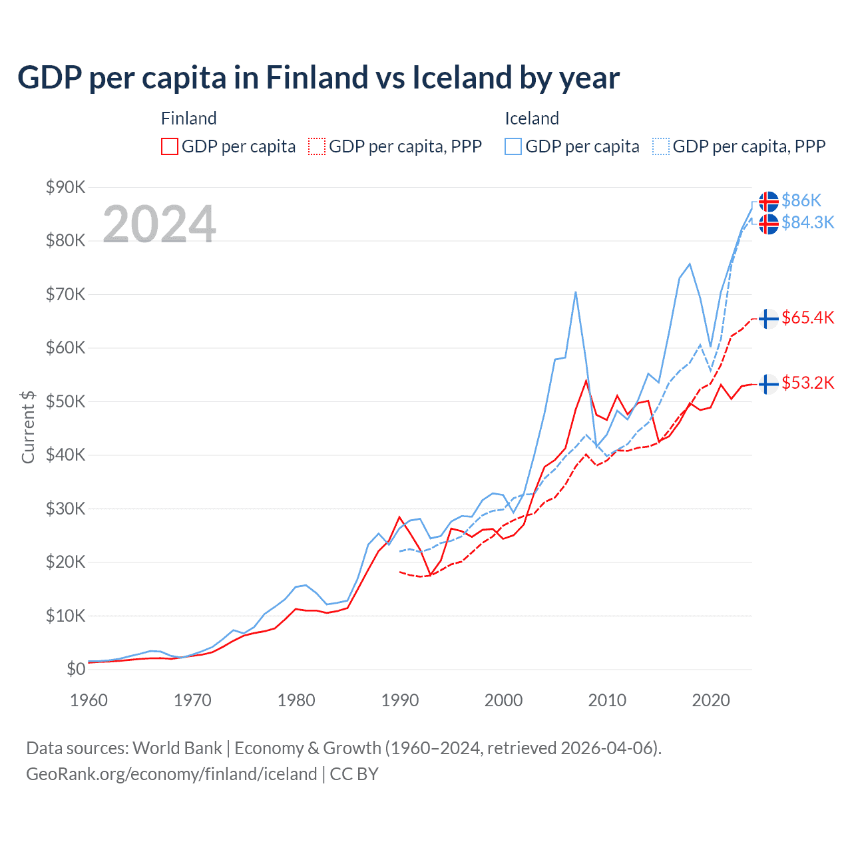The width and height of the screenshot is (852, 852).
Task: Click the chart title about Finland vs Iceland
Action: pos(318,77)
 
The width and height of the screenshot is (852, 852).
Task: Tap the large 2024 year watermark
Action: pos(159,224)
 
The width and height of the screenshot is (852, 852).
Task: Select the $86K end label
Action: pos(801,200)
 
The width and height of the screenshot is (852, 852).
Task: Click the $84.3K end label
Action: pos(807,222)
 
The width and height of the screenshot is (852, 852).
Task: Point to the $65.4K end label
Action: pos(807,318)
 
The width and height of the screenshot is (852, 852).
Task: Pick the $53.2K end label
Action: pos(807,383)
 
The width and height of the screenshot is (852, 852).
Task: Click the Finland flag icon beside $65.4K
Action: pos(769,319)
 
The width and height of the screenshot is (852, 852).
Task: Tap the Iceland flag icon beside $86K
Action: pos(769,201)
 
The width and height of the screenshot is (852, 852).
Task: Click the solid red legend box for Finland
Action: pos(170,146)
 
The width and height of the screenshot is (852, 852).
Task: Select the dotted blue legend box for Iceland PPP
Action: pos(661,146)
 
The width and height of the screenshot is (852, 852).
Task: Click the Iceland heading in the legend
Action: pos(531,118)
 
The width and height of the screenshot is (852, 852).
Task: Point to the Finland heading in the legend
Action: pos(188,118)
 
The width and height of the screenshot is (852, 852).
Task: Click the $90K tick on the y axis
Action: pos(65,187)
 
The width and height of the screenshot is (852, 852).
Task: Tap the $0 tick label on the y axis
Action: pos(76,669)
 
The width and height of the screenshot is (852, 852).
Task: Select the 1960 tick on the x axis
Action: pos(89,700)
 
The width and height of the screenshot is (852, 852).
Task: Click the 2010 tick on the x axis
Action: pos(607,700)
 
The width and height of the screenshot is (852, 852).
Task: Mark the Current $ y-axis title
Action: pos(28,427)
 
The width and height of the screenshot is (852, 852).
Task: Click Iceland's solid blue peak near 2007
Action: pos(575,292)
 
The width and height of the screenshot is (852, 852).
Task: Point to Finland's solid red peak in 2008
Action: pos(586,381)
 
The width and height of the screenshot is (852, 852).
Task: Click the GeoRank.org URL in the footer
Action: pos(172,774)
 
